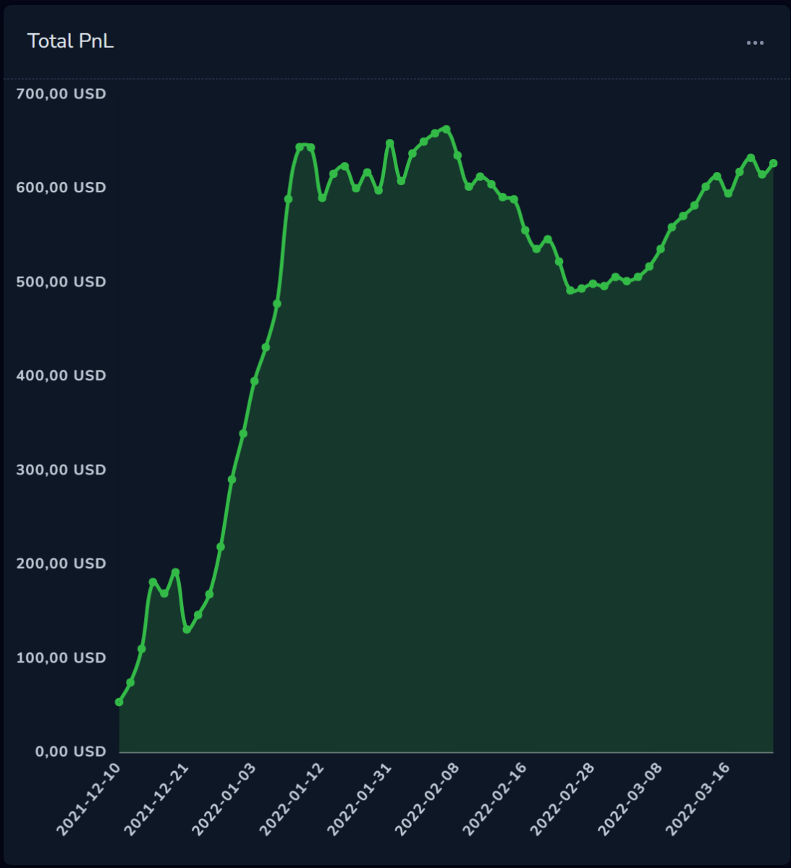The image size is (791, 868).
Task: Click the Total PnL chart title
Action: point(70,41)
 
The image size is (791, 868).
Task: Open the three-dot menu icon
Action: point(755,43)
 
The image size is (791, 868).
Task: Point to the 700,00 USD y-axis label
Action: point(61,94)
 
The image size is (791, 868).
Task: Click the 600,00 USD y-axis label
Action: point(61,188)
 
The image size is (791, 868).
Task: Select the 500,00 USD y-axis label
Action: point(61,281)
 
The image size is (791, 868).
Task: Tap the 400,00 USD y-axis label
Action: point(61,375)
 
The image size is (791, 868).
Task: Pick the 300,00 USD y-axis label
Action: point(61,470)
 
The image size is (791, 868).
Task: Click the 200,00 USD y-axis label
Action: point(61,563)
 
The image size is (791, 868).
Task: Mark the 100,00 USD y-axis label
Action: point(61,658)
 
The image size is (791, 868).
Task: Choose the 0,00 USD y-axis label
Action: point(71,752)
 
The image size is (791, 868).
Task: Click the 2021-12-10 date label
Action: point(89,799)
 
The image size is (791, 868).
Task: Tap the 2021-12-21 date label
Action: point(156,799)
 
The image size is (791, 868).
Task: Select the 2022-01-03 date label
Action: point(224,799)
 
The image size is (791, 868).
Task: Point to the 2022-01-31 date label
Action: point(360,799)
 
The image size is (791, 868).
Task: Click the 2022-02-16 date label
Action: point(495,799)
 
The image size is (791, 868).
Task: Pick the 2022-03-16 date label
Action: point(698,799)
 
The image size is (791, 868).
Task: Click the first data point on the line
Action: point(119,702)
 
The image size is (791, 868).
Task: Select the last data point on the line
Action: point(773,163)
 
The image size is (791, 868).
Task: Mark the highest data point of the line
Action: point(447,129)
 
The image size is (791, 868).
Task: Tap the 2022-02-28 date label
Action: point(562,799)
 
